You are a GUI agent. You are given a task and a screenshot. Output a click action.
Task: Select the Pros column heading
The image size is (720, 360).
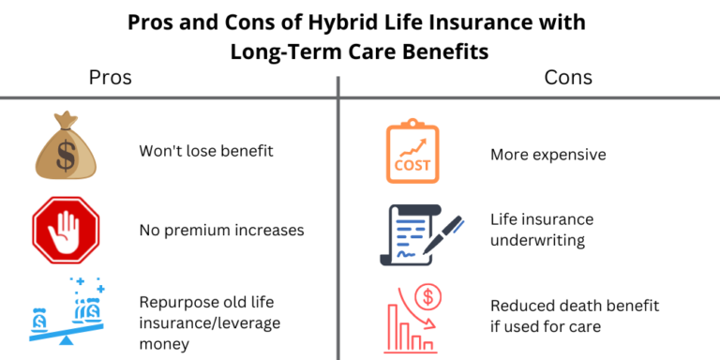(110, 77)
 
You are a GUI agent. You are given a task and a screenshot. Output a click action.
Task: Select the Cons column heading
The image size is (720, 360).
(568, 77)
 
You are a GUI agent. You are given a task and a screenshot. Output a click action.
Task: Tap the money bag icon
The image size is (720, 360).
(66, 148)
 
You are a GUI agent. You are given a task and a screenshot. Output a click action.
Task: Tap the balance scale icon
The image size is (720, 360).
(66, 310)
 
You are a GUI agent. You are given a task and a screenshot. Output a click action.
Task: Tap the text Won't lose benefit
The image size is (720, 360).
(206, 150)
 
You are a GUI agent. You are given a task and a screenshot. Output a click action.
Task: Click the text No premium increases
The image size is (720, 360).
(221, 229)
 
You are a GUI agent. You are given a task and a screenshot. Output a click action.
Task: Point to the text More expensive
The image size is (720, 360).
(548, 154)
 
